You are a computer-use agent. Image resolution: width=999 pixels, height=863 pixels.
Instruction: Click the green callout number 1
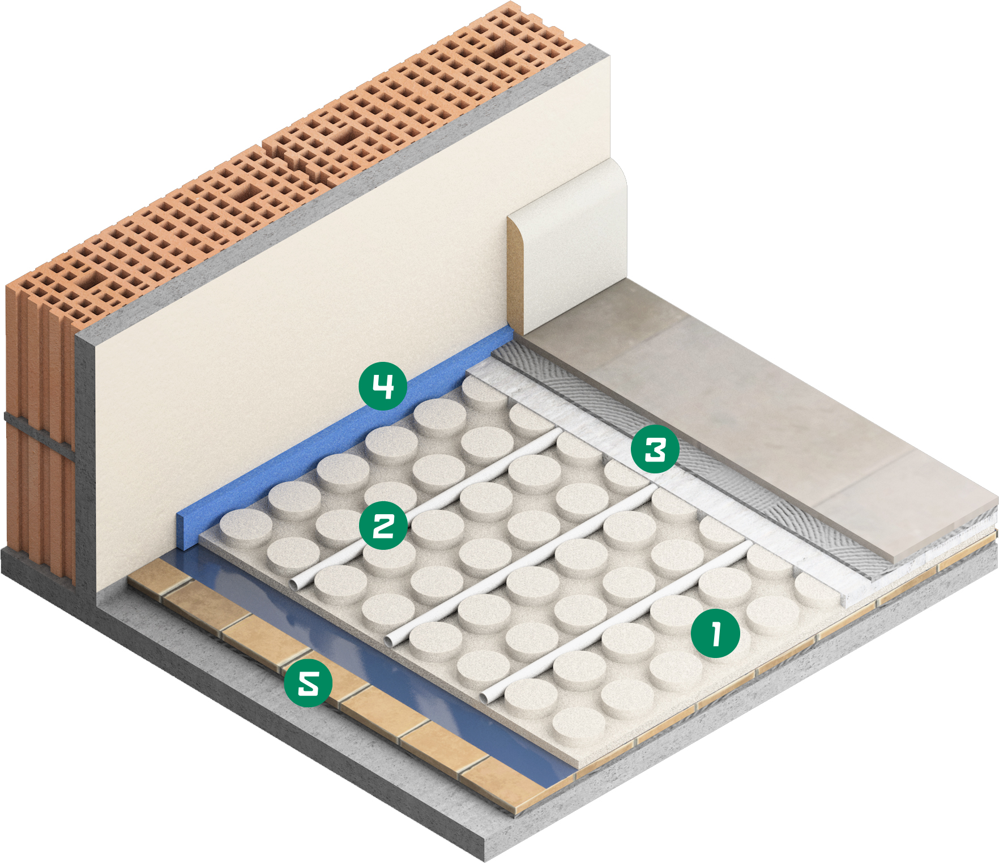point(715,633)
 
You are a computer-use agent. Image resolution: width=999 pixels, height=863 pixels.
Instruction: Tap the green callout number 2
point(383,526)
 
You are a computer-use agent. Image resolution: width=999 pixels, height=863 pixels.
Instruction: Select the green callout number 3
point(655,450)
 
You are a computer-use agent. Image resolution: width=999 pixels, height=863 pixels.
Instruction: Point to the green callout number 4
point(383,386)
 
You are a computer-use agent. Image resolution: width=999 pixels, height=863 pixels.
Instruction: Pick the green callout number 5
point(308,683)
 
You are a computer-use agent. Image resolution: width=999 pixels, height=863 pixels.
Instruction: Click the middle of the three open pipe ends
point(392,640)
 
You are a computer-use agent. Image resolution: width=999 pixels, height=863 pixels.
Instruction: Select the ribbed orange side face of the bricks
point(40,430)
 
